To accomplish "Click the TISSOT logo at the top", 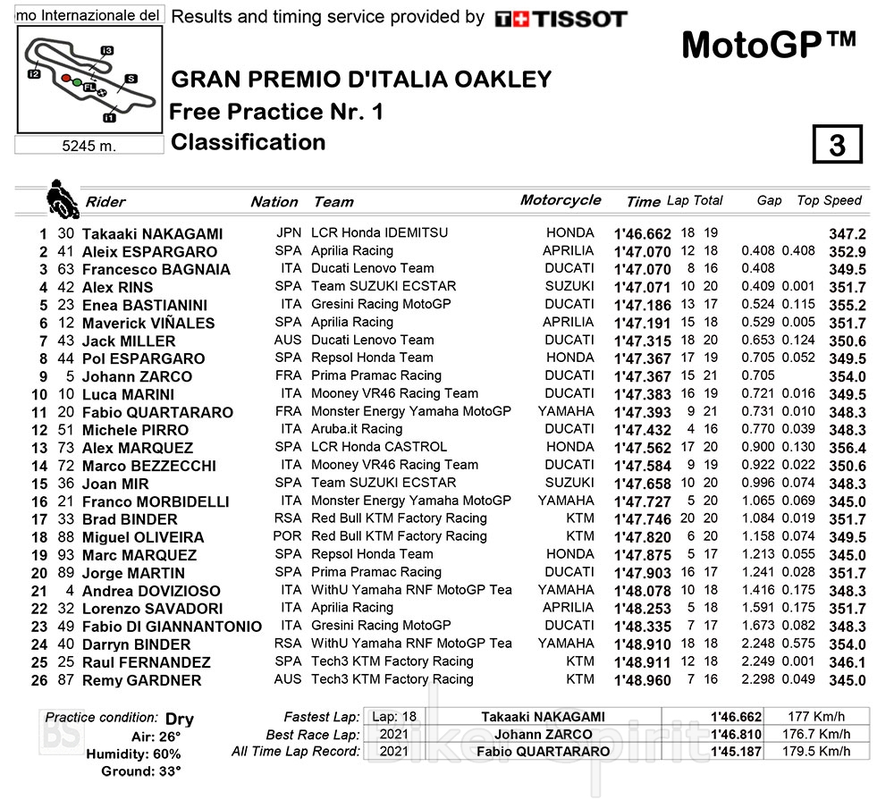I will click(x=561, y=18).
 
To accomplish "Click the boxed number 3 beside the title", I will click(x=837, y=145).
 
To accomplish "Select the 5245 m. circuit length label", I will click(x=89, y=146).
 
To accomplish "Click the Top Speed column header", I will click(x=829, y=201).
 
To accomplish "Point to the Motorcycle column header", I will click(x=561, y=200).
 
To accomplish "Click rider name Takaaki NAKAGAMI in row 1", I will click(x=152, y=233).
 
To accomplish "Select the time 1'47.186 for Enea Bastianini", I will click(x=642, y=305).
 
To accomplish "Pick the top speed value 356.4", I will click(x=847, y=448).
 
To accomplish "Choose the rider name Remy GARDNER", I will click(x=141, y=680).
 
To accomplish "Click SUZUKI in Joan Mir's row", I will click(x=569, y=483).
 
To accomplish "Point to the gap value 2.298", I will click(x=758, y=679).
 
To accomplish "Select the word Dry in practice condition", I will click(x=180, y=719).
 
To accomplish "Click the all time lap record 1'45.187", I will click(x=736, y=751).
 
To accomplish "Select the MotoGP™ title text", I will click(x=768, y=44).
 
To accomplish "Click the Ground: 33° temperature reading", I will click(x=140, y=771).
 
